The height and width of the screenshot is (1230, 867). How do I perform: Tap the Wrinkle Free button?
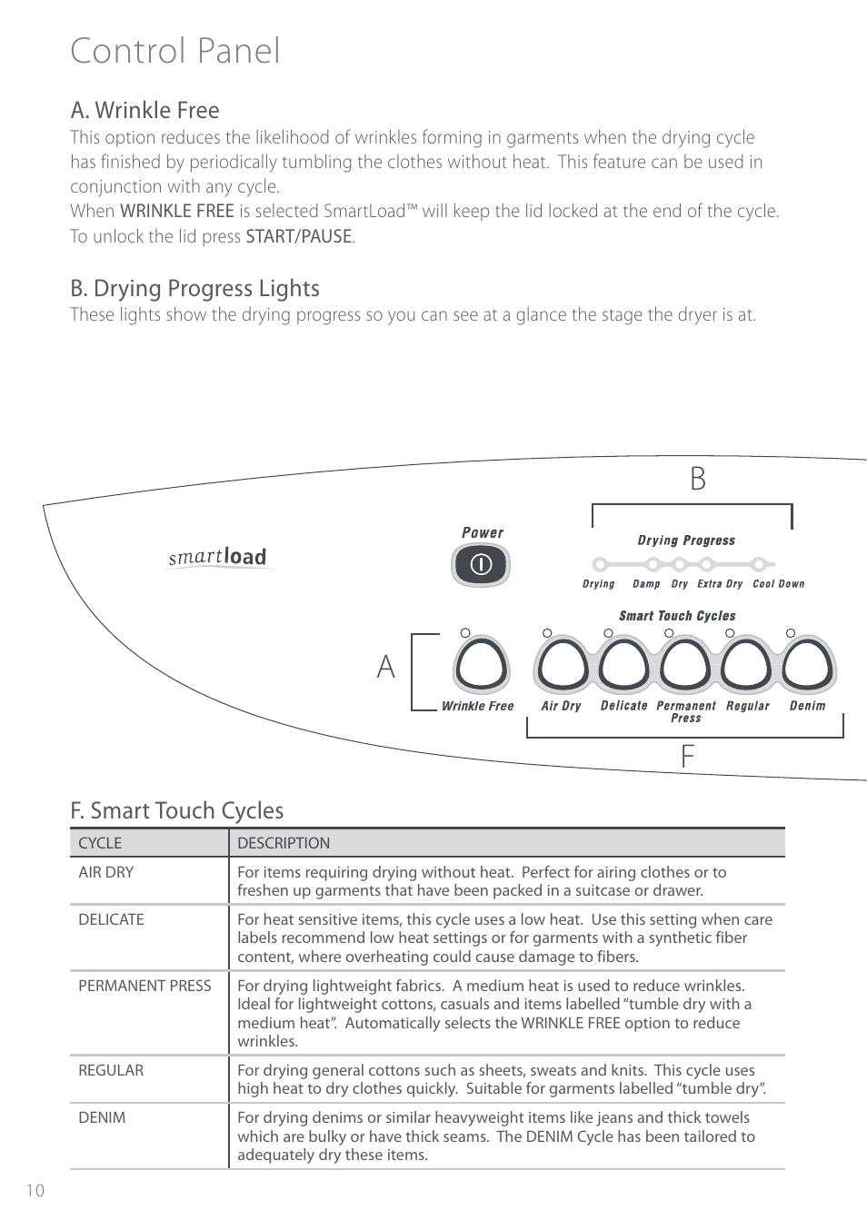tap(480, 667)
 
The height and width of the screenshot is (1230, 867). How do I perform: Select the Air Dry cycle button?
tap(563, 667)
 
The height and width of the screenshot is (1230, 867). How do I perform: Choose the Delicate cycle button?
tap(624, 667)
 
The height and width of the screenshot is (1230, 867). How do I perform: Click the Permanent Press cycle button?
tap(685, 667)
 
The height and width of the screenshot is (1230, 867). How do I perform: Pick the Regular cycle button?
tap(747, 667)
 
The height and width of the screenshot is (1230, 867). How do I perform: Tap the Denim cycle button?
tap(808, 667)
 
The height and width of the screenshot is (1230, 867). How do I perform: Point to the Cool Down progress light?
tap(764, 564)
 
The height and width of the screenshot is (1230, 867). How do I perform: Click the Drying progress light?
tap(599, 564)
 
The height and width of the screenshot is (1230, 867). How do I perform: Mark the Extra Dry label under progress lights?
tap(720, 584)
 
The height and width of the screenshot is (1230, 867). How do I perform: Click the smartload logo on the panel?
tap(218, 557)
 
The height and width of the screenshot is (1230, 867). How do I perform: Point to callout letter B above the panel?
tap(697, 480)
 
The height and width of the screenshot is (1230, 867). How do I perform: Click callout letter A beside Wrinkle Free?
tap(386, 668)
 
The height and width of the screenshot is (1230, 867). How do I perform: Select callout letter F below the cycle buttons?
tap(688, 756)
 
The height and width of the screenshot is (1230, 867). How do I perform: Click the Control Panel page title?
tap(175, 51)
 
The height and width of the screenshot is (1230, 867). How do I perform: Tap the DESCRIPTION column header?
tap(284, 843)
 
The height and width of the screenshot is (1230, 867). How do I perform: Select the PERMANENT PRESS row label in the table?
tap(144, 986)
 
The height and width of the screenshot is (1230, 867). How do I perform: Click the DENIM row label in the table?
tap(102, 1117)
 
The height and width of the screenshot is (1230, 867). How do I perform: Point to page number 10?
tap(35, 1191)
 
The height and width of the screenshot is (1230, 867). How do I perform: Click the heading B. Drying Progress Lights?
tap(195, 288)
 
